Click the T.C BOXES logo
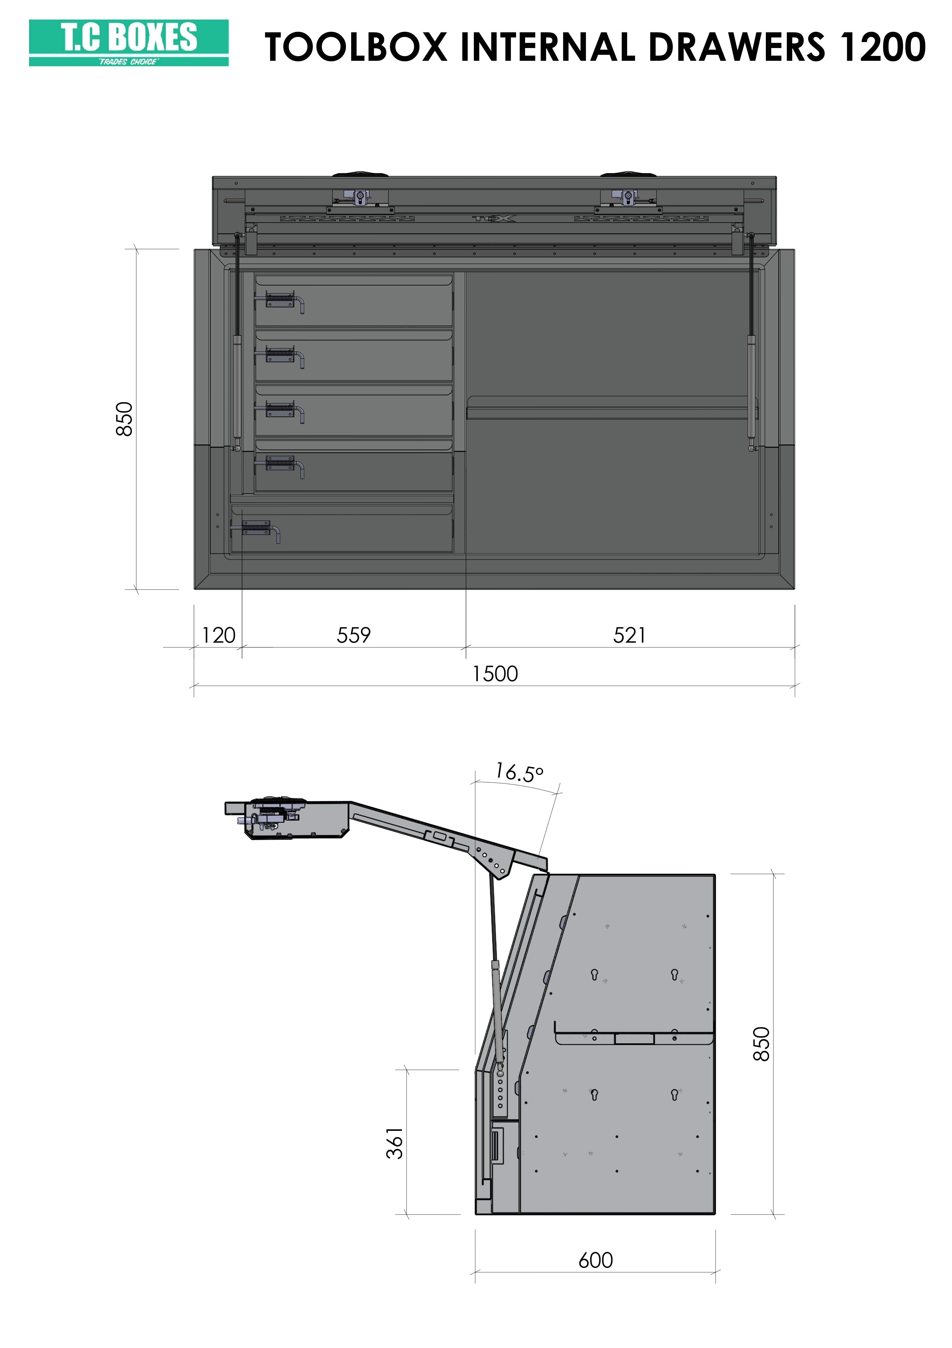click(x=129, y=43)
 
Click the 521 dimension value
click(x=629, y=635)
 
